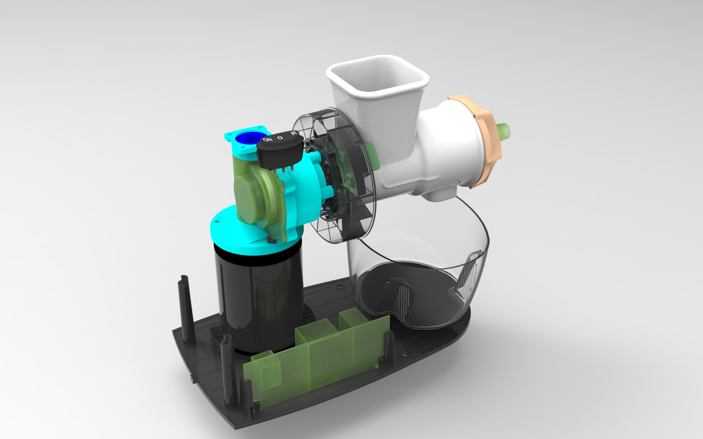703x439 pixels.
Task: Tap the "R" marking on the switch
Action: (x=293, y=134)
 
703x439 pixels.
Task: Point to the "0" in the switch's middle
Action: (x=280, y=138)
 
